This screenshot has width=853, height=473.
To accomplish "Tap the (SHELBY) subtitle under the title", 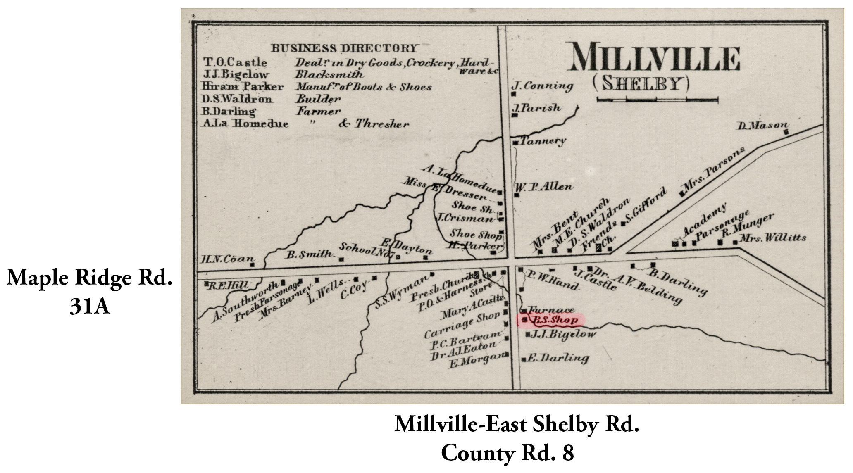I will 641,83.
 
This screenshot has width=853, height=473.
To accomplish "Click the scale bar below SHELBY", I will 657,99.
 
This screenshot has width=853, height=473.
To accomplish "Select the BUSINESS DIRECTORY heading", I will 344,48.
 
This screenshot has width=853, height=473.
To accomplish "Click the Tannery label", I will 542,141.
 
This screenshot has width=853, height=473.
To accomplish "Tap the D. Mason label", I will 763,125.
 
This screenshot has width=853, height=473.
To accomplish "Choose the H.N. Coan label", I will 227,259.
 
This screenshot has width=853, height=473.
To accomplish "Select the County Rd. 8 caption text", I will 507,453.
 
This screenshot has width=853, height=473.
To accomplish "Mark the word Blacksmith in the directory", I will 329,74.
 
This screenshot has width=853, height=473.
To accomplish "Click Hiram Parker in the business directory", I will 243,87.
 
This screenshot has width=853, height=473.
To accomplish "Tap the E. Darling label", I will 558,358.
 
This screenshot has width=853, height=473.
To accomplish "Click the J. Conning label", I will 542,86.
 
